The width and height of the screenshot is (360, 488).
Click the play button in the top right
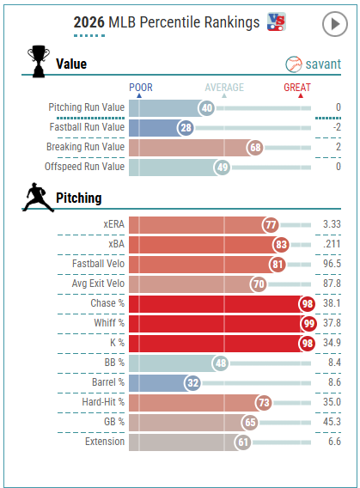(335, 24)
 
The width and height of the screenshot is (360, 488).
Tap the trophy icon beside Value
(39, 61)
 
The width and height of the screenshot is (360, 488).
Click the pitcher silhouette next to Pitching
(38, 198)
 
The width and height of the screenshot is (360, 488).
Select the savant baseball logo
(294, 64)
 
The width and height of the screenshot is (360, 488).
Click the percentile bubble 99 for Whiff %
(308, 324)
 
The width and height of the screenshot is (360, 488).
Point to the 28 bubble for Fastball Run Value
(186, 128)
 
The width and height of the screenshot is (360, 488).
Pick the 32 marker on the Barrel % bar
(192, 383)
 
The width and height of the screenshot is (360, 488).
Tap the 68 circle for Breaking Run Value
(255, 147)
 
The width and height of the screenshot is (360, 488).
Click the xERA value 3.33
(332, 224)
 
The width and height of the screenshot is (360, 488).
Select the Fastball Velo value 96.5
(332, 264)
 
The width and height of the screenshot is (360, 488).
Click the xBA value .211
(332, 244)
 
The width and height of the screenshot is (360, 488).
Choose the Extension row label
(105, 442)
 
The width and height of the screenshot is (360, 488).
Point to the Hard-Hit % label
(103, 402)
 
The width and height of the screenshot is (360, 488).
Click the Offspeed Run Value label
(84, 167)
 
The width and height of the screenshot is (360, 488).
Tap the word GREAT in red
(297, 88)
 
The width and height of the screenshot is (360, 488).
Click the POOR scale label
(141, 88)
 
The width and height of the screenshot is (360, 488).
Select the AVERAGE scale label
(224, 88)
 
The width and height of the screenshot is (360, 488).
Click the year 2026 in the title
(89, 22)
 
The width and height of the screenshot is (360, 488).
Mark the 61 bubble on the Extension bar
(243, 442)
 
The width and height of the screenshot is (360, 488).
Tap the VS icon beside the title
(277, 21)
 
